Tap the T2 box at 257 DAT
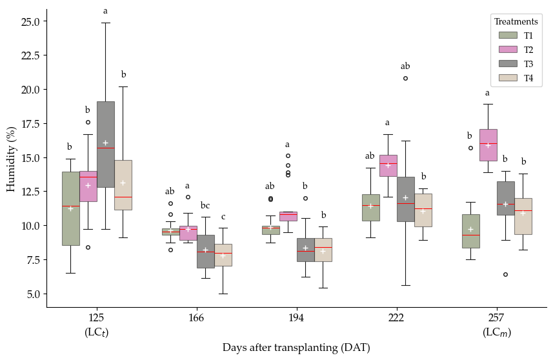488,145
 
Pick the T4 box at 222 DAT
423,210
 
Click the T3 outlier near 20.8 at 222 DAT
405,78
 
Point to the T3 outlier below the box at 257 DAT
505,274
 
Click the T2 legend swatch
508,50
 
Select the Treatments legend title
516,22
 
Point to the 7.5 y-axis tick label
34,260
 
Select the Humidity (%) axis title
11,159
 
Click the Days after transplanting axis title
296,348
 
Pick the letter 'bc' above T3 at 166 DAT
205,206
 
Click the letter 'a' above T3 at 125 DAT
105,11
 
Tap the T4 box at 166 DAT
223,255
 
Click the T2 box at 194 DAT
288,216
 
